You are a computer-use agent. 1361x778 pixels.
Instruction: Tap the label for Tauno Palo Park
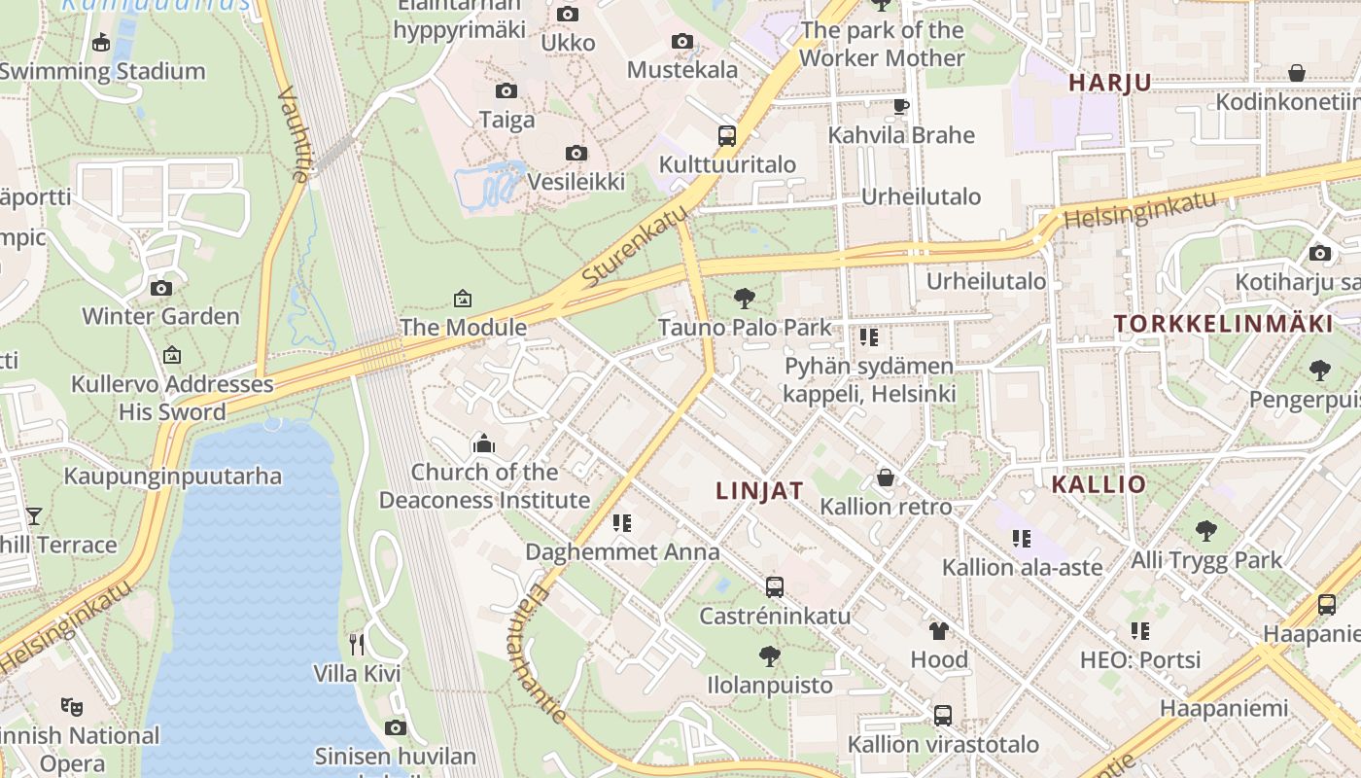pos(745,327)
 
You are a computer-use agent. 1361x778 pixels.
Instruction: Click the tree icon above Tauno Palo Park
pos(745,298)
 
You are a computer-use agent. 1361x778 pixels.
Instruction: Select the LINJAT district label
pos(759,491)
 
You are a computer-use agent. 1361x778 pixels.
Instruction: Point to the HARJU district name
pos(1109,83)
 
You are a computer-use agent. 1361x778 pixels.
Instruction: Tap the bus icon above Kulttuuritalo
pos(726,136)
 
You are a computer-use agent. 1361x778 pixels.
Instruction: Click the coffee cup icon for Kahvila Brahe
pos(900,106)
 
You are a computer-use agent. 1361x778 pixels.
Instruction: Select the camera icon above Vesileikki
pos(576,154)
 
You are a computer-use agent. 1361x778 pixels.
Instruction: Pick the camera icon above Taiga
pos(506,91)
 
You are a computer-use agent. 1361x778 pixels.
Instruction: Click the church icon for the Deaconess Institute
pos(483,444)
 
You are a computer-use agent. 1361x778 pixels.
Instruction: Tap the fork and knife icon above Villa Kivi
pos(357,644)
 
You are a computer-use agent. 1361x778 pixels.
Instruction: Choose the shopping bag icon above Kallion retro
pos(885,477)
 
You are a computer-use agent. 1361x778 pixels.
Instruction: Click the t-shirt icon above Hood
pos(938,630)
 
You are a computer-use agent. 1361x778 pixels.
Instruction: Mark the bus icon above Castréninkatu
pos(774,587)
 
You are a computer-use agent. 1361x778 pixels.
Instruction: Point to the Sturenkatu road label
pos(629,250)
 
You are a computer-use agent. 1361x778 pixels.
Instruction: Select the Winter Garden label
pos(160,316)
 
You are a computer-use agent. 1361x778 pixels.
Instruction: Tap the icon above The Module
pos(463,299)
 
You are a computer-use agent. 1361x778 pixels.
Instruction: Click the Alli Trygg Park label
pos(1205,560)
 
